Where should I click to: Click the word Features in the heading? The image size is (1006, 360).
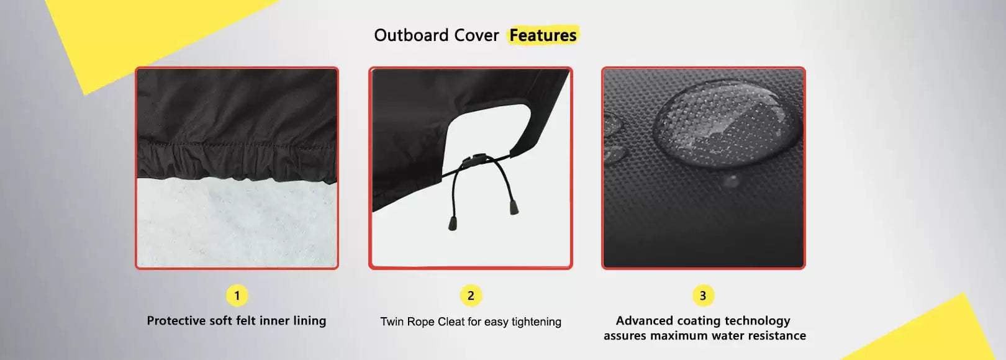[543, 35]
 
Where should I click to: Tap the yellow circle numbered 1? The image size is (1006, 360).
[237, 295]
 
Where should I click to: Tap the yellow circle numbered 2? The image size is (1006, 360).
[471, 295]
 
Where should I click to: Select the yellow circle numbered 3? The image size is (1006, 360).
[704, 295]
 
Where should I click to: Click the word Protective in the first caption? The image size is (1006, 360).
[176, 320]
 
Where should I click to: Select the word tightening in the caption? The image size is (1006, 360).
[537, 322]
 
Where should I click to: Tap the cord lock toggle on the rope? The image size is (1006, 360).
[478, 160]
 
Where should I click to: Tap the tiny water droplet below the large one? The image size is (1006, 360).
[731, 181]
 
